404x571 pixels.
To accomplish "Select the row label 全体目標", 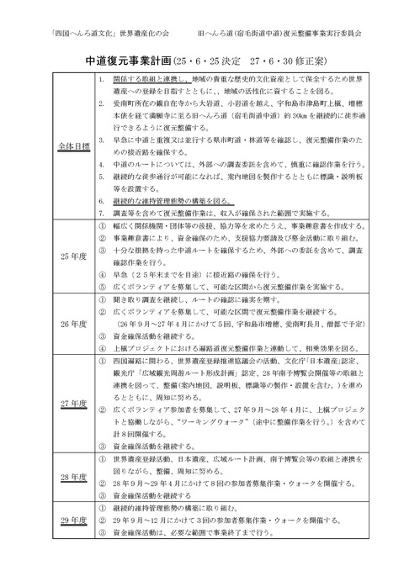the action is click(53, 145).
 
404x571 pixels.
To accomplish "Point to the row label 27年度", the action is click(53, 403).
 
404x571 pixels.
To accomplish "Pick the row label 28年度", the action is click(53, 477).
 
